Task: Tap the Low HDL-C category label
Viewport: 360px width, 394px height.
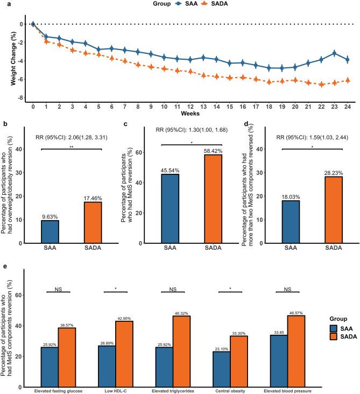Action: (x=115, y=390)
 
